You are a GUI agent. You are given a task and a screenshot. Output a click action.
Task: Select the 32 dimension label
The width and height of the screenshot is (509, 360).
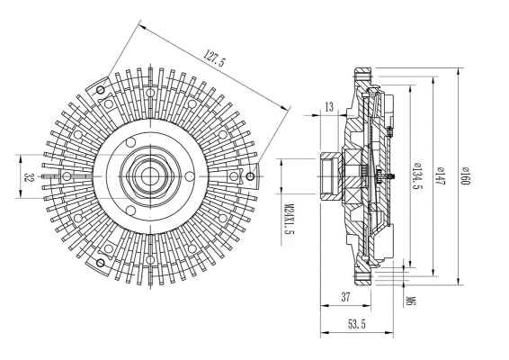pos(29,177)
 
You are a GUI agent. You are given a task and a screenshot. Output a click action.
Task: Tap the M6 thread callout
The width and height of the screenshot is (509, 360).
pos(410,300)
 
